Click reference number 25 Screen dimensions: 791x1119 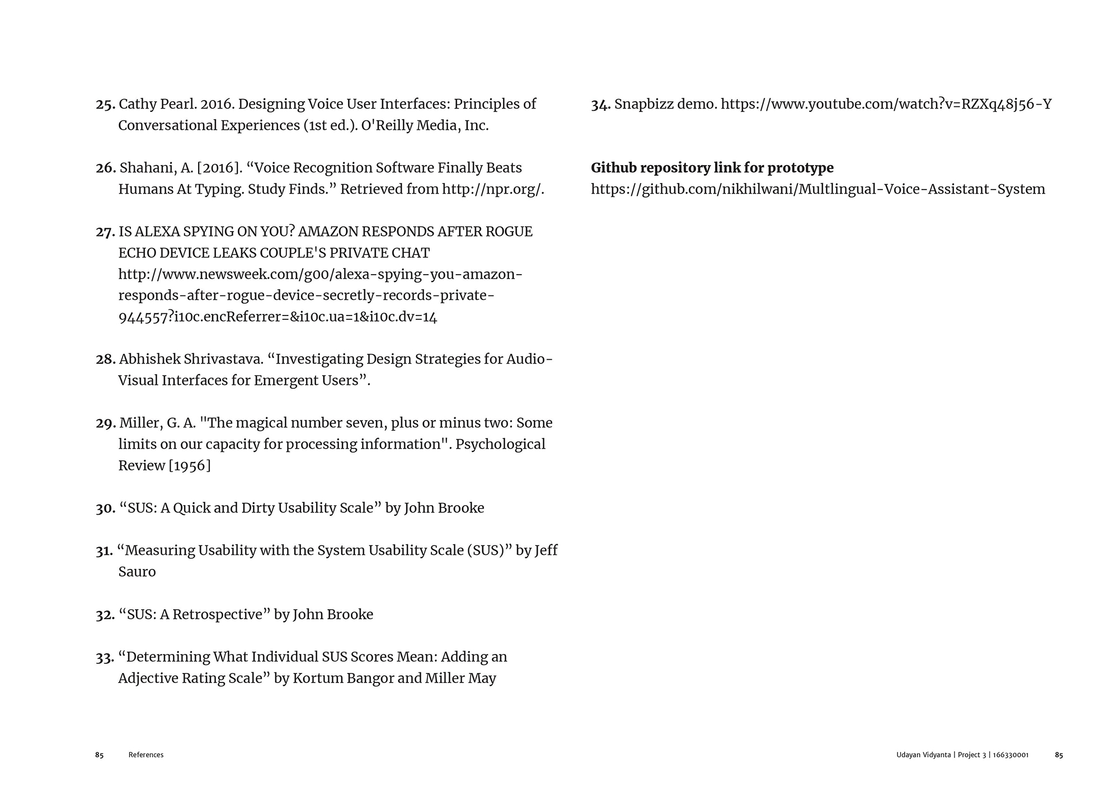[105, 105]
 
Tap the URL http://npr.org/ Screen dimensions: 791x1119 [492, 190]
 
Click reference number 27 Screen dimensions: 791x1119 [105, 232]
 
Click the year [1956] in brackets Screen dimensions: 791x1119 [190, 466]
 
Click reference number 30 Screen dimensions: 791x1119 [105, 509]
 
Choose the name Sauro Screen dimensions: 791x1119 [137, 572]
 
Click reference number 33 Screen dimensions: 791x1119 [105, 657]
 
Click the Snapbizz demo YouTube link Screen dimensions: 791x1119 [886, 105]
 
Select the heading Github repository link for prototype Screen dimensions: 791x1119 [712, 168]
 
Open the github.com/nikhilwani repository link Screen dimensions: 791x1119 [818, 190]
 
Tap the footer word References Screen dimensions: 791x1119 [146, 755]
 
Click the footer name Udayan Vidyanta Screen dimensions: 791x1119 [923, 755]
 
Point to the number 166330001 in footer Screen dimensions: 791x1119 [1010, 755]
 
